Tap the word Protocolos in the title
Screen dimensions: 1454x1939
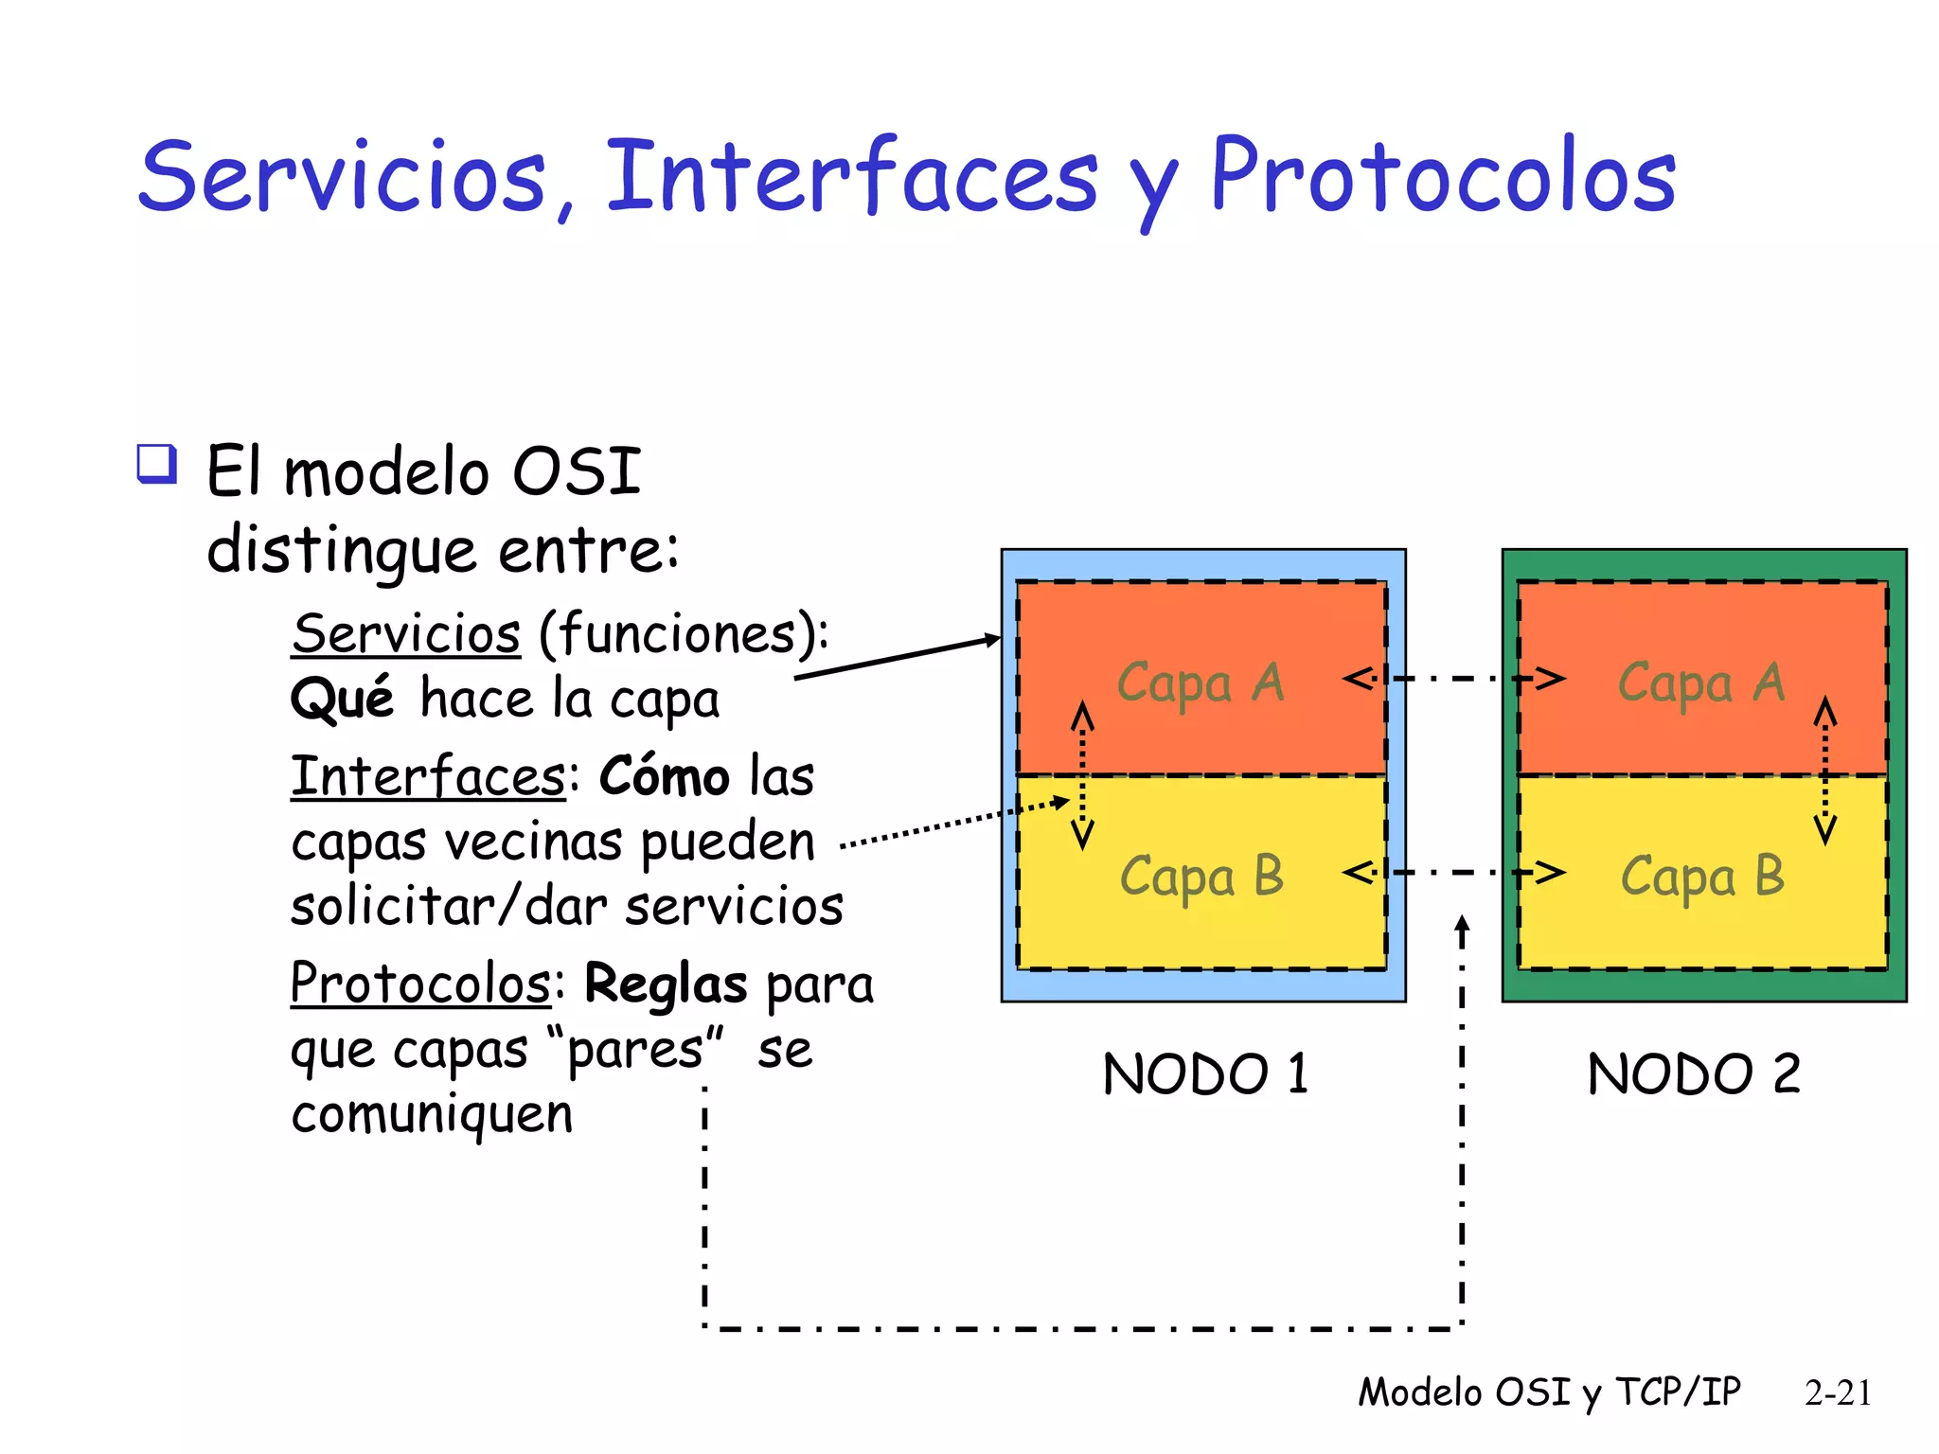click(x=1443, y=177)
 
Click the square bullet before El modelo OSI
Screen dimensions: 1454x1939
click(x=156, y=464)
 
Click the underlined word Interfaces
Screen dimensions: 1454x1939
click(x=428, y=777)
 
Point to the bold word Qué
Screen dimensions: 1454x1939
click(x=342, y=700)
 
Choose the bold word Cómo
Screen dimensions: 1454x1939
click(x=665, y=777)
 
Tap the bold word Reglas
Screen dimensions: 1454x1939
click(x=666, y=984)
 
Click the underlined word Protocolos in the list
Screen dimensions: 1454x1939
click(x=420, y=984)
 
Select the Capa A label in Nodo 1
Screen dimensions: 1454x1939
click(x=1201, y=683)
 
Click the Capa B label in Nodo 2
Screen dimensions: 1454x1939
click(x=1701, y=877)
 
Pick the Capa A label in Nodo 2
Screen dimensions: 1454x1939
click(x=1701, y=683)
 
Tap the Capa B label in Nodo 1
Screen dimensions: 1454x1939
click(x=1201, y=877)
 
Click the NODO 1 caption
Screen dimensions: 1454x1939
click(x=1205, y=1074)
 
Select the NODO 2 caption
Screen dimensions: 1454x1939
click(x=1693, y=1074)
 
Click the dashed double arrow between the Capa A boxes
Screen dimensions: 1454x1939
click(x=1453, y=679)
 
